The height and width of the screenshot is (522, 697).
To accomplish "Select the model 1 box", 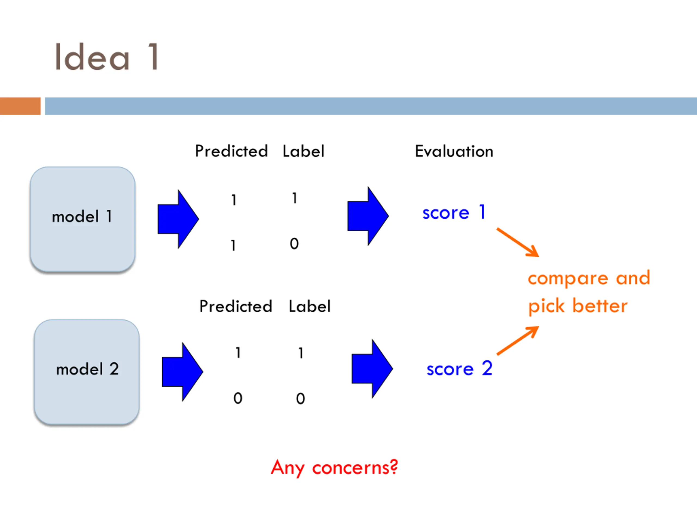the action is tap(82, 219).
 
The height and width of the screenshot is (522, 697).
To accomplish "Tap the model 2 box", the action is tap(87, 372).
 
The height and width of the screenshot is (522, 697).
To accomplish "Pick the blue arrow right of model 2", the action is tap(182, 372).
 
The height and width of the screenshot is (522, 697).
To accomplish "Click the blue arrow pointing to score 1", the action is tap(368, 216).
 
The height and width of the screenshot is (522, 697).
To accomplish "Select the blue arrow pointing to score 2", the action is tap(372, 369).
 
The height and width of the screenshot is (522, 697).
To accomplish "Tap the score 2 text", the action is tap(459, 368).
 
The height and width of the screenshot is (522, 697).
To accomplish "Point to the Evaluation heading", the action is tap(454, 151).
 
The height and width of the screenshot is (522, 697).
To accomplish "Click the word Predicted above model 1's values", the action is tap(231, 151).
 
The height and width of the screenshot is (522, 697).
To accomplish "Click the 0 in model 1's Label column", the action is tap(294, 244).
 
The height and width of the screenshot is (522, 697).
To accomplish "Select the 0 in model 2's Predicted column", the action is tap(238, 398).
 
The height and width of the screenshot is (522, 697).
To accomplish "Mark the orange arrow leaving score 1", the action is tap(518, 242).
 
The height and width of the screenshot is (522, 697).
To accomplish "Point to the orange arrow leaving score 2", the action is tap(518, 341).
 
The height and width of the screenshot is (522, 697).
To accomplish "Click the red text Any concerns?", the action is tap(334, 468).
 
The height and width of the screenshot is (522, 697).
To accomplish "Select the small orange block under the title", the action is tap(20, 106).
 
